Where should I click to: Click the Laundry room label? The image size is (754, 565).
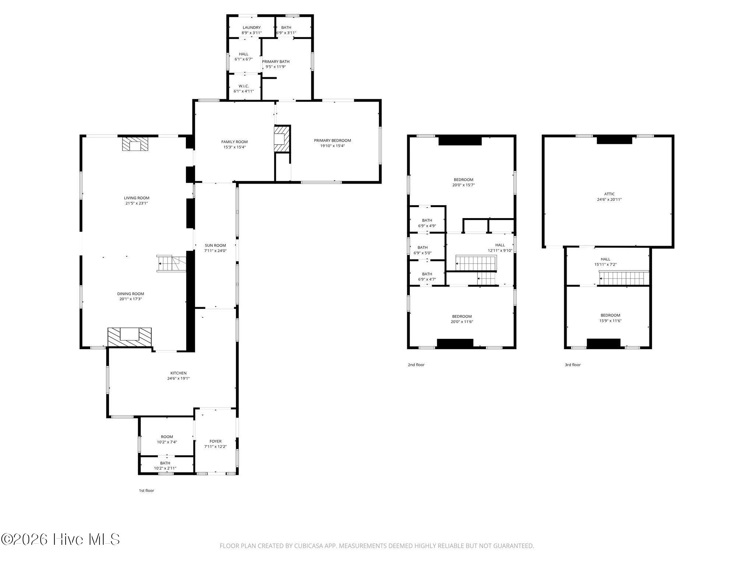click(x=251, y=28)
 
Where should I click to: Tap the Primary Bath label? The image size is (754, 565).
click(x=276, y=62)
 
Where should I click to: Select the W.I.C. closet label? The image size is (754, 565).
click(x=244, y=86)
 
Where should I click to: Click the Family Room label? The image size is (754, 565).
click(x=235, y=142)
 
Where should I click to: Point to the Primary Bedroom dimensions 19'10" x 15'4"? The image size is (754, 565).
click(x=332, y=146)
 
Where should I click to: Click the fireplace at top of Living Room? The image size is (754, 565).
click(x=135, y=144)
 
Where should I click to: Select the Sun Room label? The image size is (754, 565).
click(x=215, y=245)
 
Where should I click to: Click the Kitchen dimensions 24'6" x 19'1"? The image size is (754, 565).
click(x=178, y=378)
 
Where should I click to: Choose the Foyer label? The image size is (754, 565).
click(x=215, y=441)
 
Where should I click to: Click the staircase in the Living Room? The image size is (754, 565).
click(x=171, y=263)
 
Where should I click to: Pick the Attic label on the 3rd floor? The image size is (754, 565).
click(x=609, y=194)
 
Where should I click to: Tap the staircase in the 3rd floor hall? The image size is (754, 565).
click(x=624, y=278)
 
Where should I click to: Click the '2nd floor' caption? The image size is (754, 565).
click(x=416, y=365)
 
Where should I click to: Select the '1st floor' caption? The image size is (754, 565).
click(x=146, y=491)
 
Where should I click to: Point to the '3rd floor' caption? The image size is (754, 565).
click(x=573, y=365)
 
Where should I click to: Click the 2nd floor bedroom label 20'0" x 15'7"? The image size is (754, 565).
click(x=464, y=182)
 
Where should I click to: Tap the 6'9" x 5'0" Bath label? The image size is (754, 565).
click(x=423, y=250)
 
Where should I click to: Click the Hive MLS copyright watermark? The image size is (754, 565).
click(x=60, y=540)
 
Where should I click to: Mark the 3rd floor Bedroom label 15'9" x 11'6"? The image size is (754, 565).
click(x=610, y=318)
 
